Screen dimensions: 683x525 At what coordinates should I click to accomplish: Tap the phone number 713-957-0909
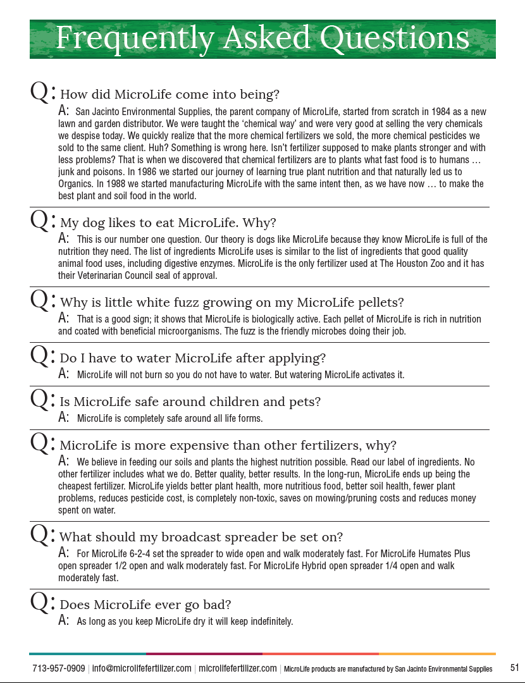[x=59, y=668]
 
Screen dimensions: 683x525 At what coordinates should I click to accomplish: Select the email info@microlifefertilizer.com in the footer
[x=142, y=668]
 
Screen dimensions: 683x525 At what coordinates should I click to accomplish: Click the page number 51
[x=515, y=668]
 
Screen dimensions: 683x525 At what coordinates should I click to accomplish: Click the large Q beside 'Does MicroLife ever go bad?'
[x=40, y=603]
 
